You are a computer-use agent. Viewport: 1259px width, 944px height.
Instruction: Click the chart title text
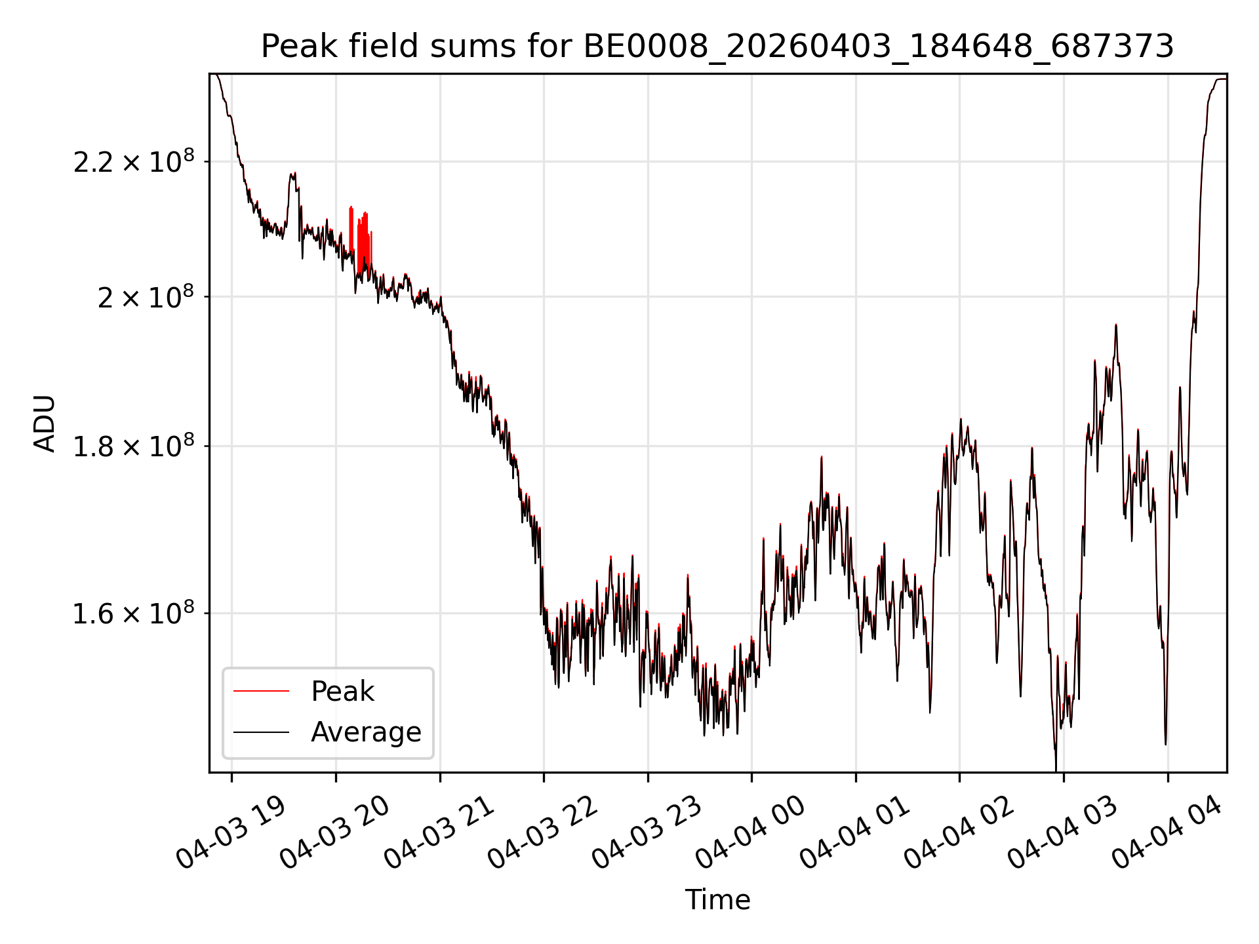tap(717, 47)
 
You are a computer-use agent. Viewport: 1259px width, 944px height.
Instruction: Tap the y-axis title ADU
tap(45, 423)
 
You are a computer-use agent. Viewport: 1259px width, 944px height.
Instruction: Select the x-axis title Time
tap(717, 899)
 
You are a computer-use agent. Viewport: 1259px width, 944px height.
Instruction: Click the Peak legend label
tap(342, 691)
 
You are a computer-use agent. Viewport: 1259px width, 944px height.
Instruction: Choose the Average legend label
tap(366, 732)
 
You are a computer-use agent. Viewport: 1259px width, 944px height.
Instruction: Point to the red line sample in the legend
tap(261, 691)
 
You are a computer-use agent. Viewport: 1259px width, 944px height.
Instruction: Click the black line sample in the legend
tap(261, 732)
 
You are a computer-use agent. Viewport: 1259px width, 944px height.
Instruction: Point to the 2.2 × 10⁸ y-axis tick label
tap(134, 161)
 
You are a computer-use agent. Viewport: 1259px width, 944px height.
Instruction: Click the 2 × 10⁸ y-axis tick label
tap(146, 296)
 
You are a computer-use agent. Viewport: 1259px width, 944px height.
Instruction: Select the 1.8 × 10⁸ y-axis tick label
tap(134, 446)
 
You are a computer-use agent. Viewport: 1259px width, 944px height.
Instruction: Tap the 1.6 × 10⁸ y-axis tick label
tap(134, 613)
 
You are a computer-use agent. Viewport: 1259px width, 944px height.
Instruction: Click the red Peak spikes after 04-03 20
tap(360, 239)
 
